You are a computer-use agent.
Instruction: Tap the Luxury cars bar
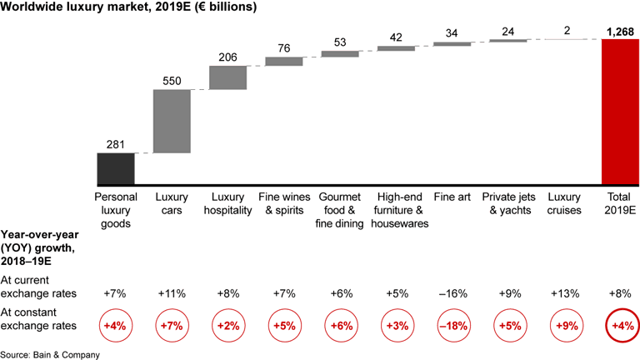(x=172, y=121)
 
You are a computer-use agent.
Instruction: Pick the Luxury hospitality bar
(x=227, y=77)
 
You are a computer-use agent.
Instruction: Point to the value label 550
(x=172, y=82)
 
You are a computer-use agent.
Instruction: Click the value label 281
(x=116, y=146)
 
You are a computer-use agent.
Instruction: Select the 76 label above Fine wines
(x=284, y=49)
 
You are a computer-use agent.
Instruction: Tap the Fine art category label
(x=452, y=197)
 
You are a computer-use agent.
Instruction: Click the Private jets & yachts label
(x=507, y=203)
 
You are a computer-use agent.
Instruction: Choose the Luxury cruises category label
(x=564, y=203)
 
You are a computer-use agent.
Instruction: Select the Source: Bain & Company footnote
(x=50, y=354)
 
